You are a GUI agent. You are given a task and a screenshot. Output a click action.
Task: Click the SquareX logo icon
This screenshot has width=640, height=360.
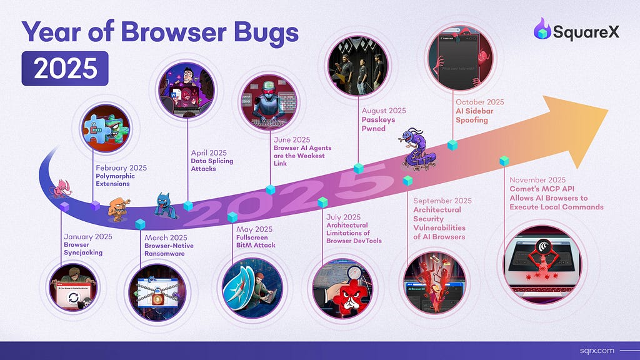542,29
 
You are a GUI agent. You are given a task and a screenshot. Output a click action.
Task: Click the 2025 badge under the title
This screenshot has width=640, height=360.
65,68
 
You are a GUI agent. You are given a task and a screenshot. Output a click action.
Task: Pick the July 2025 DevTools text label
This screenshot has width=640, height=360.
354,229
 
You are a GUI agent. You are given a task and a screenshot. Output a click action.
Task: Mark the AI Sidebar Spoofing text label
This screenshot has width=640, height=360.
480,111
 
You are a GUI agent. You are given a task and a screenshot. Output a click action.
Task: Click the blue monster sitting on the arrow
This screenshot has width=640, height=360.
166,206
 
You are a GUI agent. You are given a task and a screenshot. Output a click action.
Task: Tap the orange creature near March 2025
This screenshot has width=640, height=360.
118,210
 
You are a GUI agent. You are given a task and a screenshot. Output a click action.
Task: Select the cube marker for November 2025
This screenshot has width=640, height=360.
504,161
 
